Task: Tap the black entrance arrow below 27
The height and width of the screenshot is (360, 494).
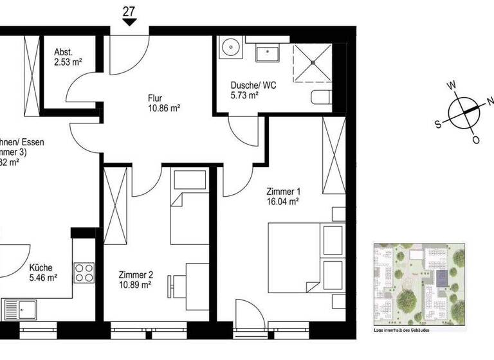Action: (129, 22)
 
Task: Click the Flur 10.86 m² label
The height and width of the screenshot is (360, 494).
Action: (163, 104)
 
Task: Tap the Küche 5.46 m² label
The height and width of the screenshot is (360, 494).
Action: (42, 273)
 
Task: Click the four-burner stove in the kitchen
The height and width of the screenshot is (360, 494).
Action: (84, 271)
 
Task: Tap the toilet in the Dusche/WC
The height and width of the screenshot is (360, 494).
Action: (322, 98)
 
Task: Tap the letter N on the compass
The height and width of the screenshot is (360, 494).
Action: (490, 101)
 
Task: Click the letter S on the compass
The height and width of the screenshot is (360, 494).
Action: (437, 125)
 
